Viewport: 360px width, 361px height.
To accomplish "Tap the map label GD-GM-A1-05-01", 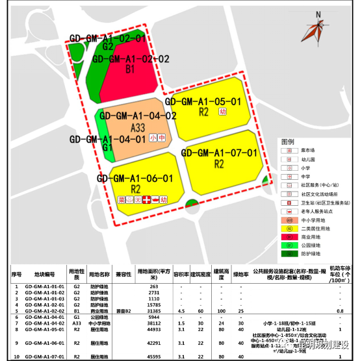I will pos(203,101).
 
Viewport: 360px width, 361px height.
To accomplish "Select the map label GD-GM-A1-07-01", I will pos(220,153).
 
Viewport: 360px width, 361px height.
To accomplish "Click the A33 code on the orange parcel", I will pos(138,127).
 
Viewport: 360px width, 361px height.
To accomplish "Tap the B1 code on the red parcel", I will pos(130,68).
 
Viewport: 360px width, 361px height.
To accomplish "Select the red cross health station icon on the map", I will pos(147,199).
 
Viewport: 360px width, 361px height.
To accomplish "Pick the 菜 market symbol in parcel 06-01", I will pos(120,199).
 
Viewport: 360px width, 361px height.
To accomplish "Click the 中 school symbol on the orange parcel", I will pos(161,138).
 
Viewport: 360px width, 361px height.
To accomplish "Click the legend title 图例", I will pos(288,141).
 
